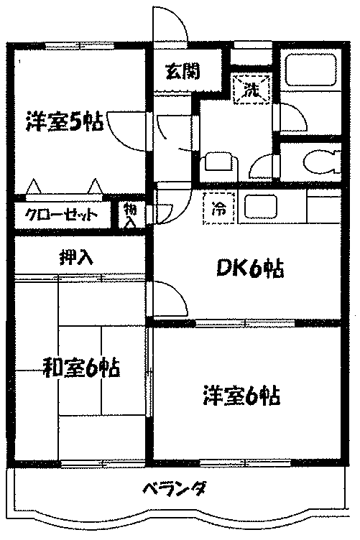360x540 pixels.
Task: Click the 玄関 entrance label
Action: pos(183,72)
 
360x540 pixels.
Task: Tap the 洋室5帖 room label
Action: pos(65,121)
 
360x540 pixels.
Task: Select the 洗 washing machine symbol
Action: pos(251,90)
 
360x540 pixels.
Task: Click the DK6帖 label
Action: pos(250,269)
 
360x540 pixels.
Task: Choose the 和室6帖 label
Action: pos(81,368)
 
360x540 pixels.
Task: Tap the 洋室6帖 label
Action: pos(241,396)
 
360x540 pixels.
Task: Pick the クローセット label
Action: pos(61,215)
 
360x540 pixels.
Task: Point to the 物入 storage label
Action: pos(129,215)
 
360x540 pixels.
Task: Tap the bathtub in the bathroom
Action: pos(310,69)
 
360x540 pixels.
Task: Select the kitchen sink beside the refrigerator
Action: pos(261,208)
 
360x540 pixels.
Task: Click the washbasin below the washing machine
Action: pos(219,163)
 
